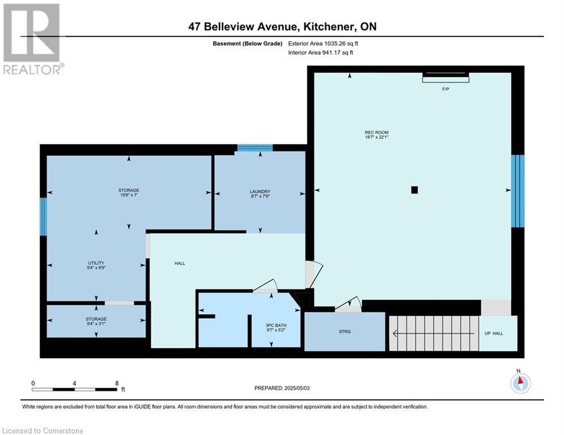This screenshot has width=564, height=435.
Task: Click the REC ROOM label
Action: click(376, 133)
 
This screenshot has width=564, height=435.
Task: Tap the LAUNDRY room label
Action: click(260, 191)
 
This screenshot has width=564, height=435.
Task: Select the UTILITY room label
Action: click(96, 263)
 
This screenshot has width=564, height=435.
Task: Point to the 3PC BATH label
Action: click(276, 325)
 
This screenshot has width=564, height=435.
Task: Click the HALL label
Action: click(180, 263)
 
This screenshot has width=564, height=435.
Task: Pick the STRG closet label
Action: click(345, 331)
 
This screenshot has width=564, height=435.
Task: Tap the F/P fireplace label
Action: click(446, 89)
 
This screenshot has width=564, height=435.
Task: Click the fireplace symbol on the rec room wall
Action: click(446, 77)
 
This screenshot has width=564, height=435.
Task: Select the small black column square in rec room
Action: click(414, 190)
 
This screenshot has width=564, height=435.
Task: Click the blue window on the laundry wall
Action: click(255, 148)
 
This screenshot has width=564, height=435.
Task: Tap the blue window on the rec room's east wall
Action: click(518, 191)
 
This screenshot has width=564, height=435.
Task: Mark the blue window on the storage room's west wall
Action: click(43, 217)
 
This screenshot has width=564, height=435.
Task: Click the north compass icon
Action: click(520, 383)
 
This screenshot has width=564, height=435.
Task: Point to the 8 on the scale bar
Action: click(117, 383)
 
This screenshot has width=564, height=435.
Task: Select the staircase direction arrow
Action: click(433, 334)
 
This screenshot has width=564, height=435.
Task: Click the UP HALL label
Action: click(494, 333)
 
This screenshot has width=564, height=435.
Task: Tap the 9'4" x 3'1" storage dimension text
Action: click(96, 323)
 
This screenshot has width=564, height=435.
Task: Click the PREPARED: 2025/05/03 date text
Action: click(282, 388)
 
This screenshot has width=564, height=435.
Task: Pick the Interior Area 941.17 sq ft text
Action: click(320, 53)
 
